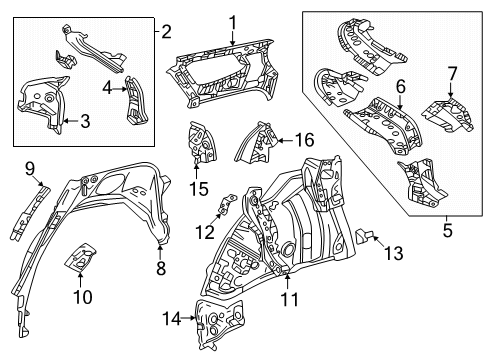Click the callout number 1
[231, 22]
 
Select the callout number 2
[166, 30]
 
